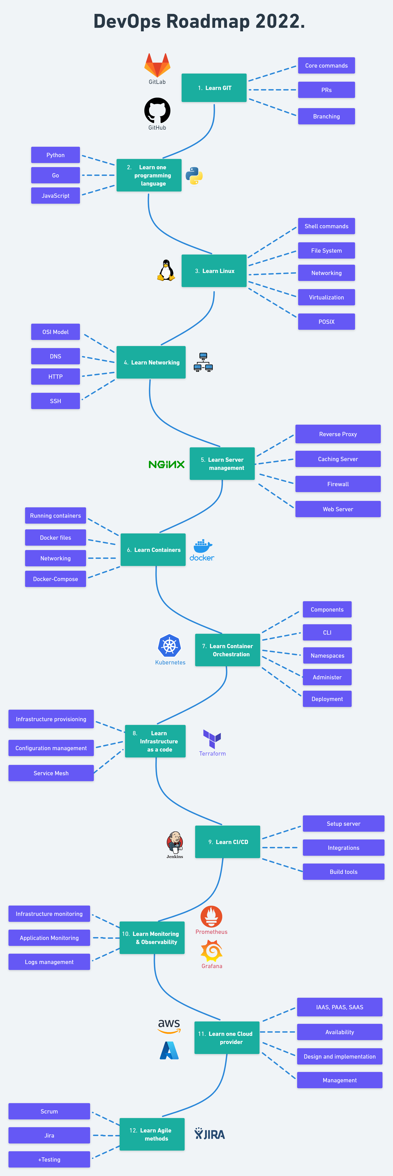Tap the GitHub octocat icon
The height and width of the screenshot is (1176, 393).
click(x=157, y=110)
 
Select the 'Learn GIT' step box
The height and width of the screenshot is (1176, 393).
click(x=214, y=88)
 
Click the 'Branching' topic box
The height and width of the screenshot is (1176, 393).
click(x=326, y=116)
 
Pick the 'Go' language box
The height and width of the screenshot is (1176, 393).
click(x=55, y=175)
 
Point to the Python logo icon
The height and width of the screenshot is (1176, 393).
click(x=194, y=176)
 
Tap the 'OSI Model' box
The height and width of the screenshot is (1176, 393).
click(x=55, y=332)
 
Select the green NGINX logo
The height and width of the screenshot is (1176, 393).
click(x=167, y=464)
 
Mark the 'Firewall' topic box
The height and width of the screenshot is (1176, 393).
click(x=338, y=484)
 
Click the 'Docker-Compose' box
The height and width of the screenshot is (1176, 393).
click(x=55, y=579)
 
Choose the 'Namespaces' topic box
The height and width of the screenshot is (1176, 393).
click(x=327, y=656)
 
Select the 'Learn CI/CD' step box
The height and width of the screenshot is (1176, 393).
click(x=228, y=842)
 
